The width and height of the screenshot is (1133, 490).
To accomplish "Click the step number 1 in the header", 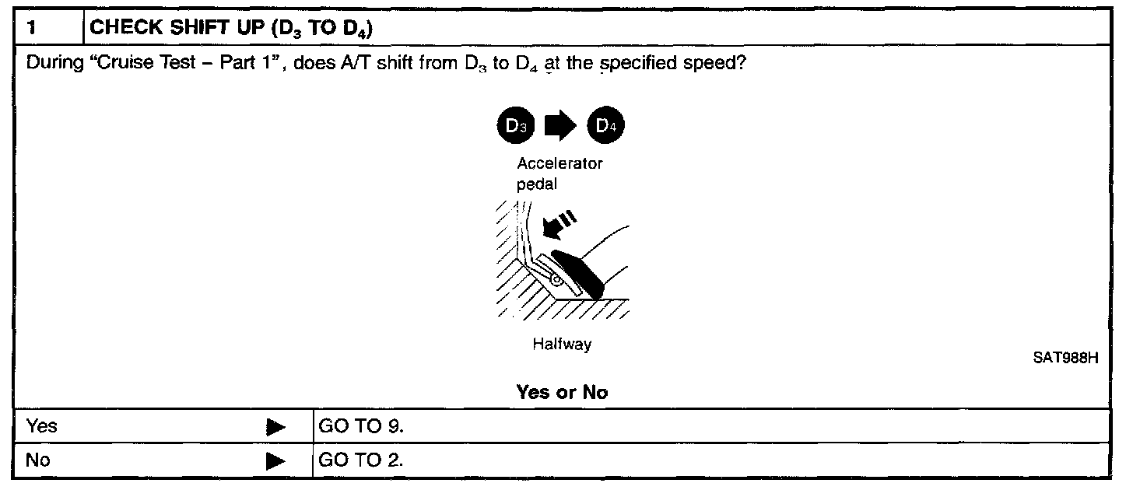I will [x=31, y=29].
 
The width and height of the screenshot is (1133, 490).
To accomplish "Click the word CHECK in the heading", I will [x=117, y=29].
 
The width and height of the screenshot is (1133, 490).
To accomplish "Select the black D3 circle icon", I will [x=513, y=127].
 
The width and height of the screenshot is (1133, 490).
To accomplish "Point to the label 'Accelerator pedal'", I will [x=559, y=174].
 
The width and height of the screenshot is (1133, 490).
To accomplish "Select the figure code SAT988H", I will [x=1065, y=359].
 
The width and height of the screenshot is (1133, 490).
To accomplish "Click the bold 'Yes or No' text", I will [x=561, y=393].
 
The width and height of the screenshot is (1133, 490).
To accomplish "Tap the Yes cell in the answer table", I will [x=42, y=426].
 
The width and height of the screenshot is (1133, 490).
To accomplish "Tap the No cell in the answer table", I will [x=39, y=460].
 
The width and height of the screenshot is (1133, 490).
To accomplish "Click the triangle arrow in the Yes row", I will [x=275, y=427].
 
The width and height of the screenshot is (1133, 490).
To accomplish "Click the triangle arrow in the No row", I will [x=275, y=461].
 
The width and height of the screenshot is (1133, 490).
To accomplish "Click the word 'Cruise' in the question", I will [x=119, y=63].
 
